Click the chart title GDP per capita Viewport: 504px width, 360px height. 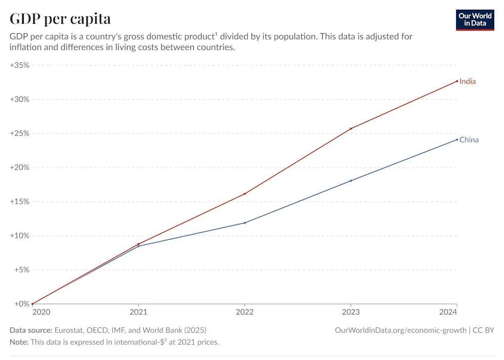(60, 19)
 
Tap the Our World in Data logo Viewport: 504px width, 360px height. (475, 19)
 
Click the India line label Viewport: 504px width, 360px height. (467, 82)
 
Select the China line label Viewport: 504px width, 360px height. (469, 140)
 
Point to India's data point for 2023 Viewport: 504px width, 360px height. (351, 129)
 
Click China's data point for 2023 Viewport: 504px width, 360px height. (351, 180)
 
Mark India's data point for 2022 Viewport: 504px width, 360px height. (245, 194)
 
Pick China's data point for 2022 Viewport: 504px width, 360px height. (245, 223)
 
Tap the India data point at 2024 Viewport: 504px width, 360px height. (457, 81)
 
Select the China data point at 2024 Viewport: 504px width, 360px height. (457, 139)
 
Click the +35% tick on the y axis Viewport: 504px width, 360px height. (20, 65)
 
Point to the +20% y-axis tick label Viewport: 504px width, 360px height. (20, 168)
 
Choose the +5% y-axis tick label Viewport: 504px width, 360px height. (21, 270)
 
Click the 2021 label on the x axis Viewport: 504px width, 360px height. (138, 313)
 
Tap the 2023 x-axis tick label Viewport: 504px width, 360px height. (351, 313)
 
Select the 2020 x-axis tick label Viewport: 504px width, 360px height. (42, 313)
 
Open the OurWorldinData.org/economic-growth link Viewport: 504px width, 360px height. (400, 330)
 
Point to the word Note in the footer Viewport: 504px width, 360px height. (19, 342)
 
